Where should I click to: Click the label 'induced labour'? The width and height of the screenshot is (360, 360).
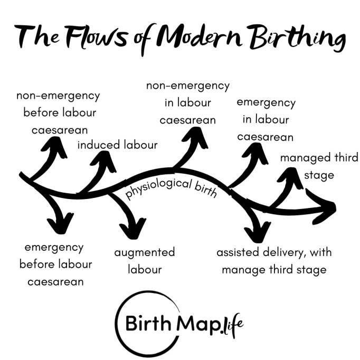click(117, 144)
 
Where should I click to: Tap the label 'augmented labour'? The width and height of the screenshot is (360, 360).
click(144, 261)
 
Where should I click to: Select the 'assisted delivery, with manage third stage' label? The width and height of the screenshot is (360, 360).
click(274, 261)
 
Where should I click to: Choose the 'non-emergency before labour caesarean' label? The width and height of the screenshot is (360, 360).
click(58, 112)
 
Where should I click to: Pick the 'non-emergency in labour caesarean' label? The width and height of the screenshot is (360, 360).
click(188, 102)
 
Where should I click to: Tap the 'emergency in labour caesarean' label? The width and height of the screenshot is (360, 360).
click(266, 119)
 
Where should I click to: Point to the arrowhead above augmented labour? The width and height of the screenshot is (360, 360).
click(132, 227)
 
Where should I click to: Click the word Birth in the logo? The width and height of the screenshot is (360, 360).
click(148, 321)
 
